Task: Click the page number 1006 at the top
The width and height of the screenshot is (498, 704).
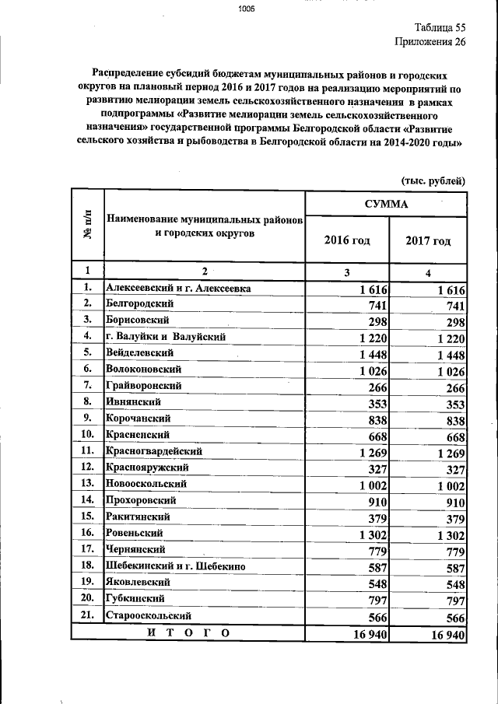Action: [x=247, y=9]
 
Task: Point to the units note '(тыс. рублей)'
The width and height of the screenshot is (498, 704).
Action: [x=433, y=180]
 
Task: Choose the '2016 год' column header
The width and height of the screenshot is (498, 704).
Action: [x=347, y=240]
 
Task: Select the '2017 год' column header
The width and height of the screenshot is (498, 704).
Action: [x=428, y=241]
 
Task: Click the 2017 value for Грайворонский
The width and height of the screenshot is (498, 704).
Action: [x=450, y=387]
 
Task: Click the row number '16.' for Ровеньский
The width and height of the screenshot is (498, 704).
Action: [x=87, y=533]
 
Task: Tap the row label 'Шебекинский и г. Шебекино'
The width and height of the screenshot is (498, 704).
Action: [x=176, y=566]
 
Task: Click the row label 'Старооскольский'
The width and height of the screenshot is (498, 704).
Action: [x=148, y=615]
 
